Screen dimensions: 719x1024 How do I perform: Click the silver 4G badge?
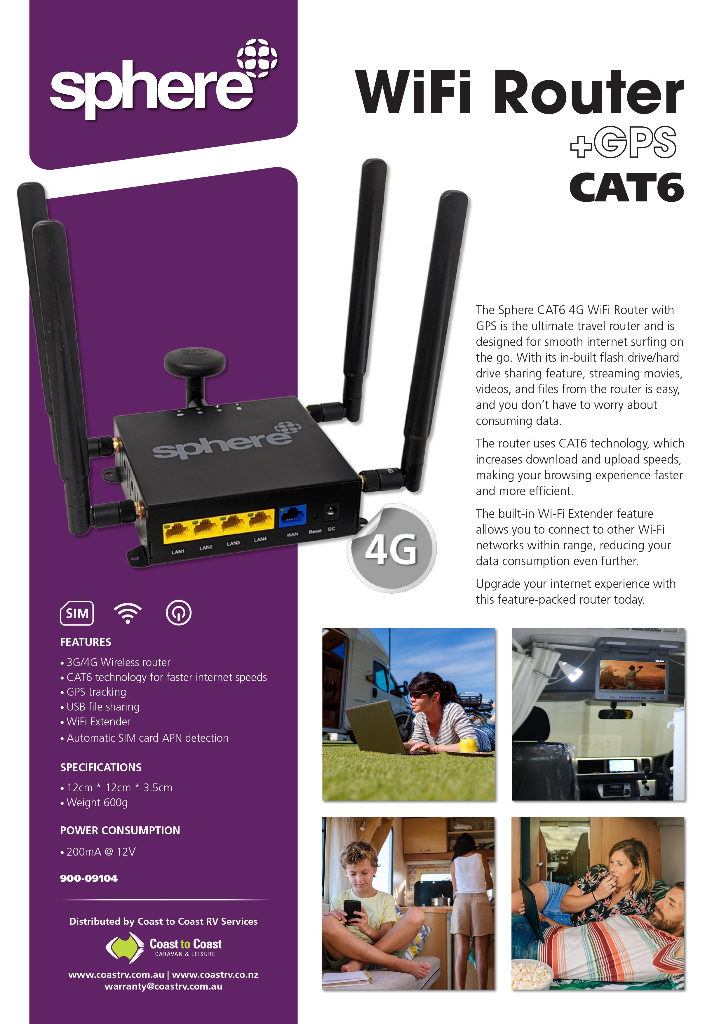pyautogui.click(x=391, y=548)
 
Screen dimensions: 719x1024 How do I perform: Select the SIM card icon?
pyautogui.click(x=77, y=613)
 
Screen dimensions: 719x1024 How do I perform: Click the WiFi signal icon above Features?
pyautogui.click(x=128, y=613)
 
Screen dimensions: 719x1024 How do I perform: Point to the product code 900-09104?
pyautogui.click(x=89, y=878)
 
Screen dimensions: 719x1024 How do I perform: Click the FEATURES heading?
pyautogui.click(x=86, y=642)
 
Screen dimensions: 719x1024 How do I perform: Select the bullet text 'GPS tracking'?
pyautogui.click(x=96, y=692)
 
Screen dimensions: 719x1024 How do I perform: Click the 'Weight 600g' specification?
pyautogui.click(x=97, y=802)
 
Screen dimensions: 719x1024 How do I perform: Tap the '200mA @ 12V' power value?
pyautogui.click(x=101, y=851)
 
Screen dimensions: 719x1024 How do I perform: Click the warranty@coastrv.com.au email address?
pyautogui.click(x=163, y=986)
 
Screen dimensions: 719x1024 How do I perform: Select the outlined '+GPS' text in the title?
pyautogui.click(x=623, y=142)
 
